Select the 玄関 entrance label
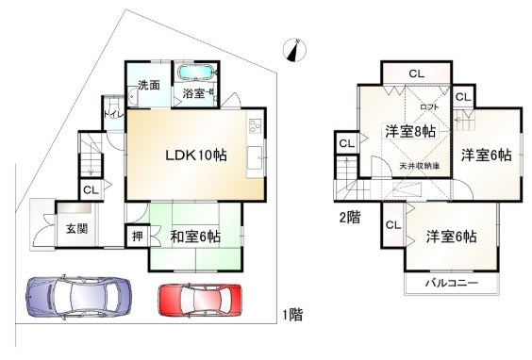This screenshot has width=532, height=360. click(77, 228)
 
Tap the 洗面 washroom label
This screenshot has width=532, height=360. click(148, 85)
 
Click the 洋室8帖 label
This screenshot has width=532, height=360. click(408, 132)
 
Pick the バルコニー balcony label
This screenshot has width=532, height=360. click(450, 284)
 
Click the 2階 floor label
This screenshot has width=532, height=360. click(348, 217)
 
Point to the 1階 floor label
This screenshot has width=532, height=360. click(291, 315)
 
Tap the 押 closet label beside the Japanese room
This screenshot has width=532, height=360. click(137, 236)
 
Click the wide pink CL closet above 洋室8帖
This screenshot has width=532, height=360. click(416, 74)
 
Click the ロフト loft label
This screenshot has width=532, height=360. click(429, 107)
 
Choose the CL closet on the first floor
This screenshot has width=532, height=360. click(90, 190)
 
